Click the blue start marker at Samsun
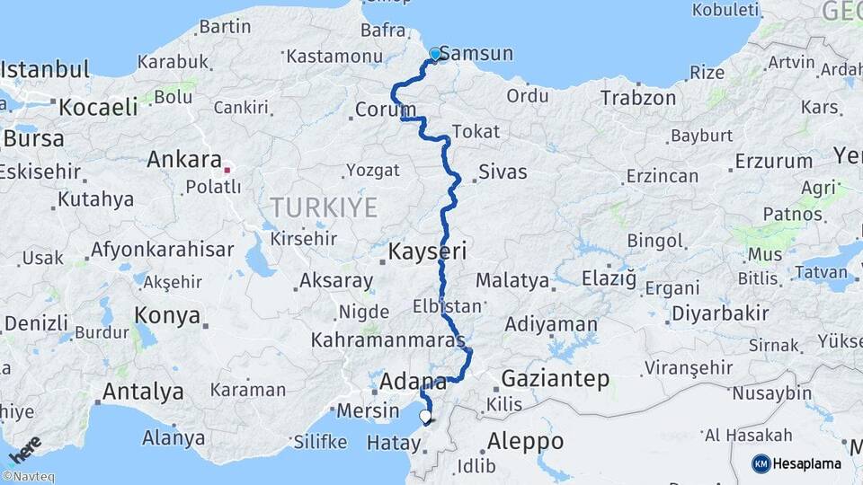click(x=436, y=54)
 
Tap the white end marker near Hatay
click(x=425, y=417)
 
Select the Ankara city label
click(x=183, y=160)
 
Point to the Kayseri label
click(x=427, y=251)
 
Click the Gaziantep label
click(x=555, y=378)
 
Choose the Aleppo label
click(x=525, y=441)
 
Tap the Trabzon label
click(x=638, y=98)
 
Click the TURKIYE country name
click(x=324, y=207)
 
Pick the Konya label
click(x=166, y=315)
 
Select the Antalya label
click(x=143, y=392)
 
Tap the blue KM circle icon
click(x=761, y=463)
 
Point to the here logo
click(x=25, y=449)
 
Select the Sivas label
click(x=503, y=172)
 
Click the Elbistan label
click(x=447, y=306)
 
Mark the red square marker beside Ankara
click(x=227, y=168)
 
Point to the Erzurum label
click(x=773, y=162)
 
